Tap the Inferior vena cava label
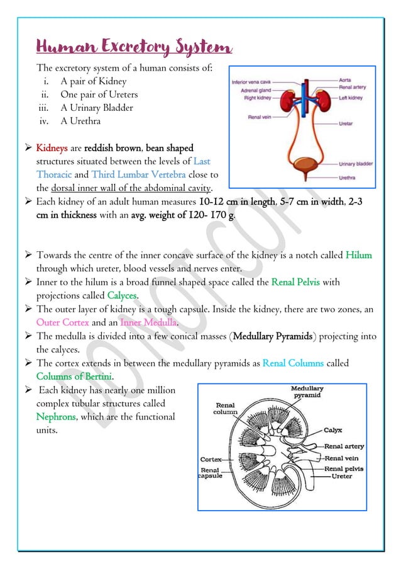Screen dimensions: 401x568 point(251,81)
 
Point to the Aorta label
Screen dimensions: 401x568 point(345,81)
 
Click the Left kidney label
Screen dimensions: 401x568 point(351,98)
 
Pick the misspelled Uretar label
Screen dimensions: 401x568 point(346,124)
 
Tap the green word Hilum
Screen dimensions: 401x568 point(358,255)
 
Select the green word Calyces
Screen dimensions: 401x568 point(123,295)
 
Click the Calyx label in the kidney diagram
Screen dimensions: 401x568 point(332,431)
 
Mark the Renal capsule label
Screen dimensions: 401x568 point(209,473)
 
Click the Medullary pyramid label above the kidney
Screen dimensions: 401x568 point(307,392)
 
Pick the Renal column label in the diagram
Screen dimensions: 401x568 point(226,408)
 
